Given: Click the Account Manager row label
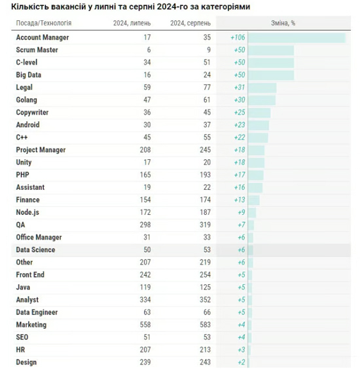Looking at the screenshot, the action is tap(43, 37).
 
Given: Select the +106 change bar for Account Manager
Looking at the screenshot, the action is tap(297, 38).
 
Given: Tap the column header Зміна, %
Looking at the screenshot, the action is tap(283, 23).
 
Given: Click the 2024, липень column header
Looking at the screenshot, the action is tap(132, 23).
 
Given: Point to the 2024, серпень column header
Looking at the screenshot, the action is tap(190, 23).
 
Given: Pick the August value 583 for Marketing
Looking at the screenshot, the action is tap(205, 325).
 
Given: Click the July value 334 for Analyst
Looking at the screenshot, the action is tap(145, 300).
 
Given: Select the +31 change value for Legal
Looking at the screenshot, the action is tap(240, 87).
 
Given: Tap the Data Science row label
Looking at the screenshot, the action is tap(35, 250).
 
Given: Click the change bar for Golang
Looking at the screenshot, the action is tap(262, 100).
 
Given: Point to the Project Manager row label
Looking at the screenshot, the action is tap(41, 150).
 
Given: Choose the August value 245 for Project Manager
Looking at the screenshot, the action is tap(205, 150).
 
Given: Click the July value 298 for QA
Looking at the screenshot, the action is tap(145, 225).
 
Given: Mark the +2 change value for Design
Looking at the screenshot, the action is tap(242, 362).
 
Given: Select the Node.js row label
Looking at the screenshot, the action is tap(27, 212).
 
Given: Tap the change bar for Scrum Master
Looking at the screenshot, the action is tap(271, 50).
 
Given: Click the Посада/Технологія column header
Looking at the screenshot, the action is tap(44, 23).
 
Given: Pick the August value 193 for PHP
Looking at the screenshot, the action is tap(205, 175).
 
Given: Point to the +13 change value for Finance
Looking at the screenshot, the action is tap(240, 200).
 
